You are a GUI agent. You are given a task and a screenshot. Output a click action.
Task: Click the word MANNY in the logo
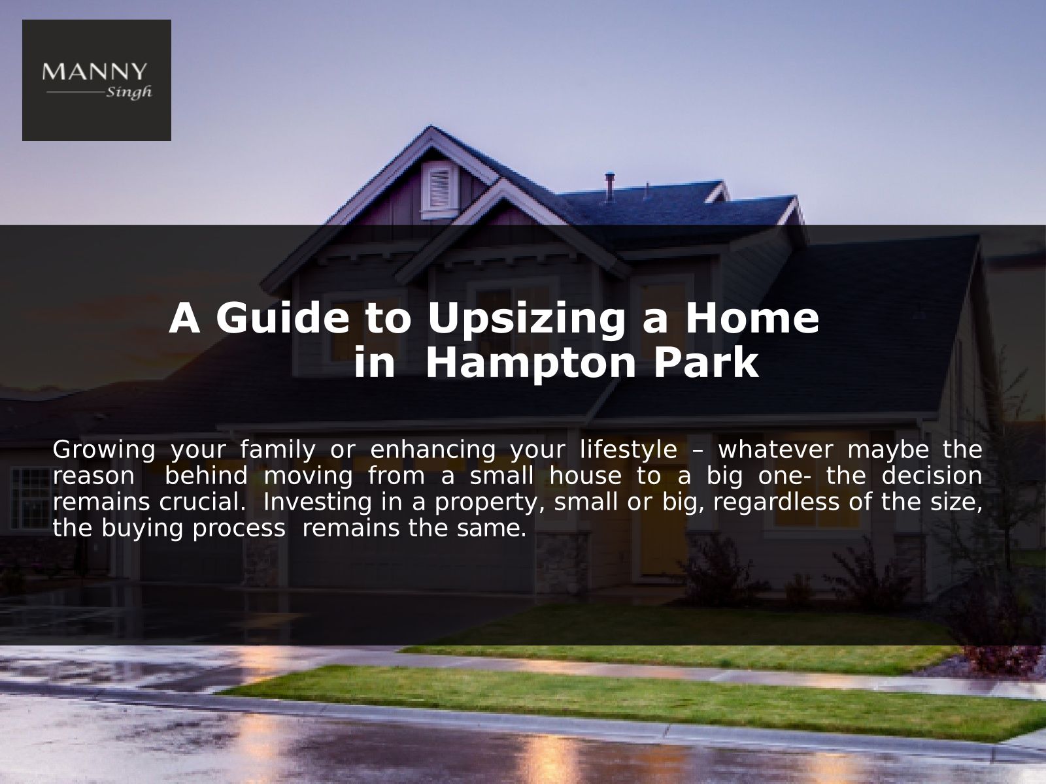point(94,71)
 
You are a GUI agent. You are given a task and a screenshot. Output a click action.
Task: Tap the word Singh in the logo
point(129,92)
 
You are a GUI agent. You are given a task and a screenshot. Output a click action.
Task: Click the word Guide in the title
point(282,318)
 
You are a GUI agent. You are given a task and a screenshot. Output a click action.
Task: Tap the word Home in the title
point(752,318)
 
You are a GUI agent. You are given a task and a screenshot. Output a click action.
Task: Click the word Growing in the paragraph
point(104,450)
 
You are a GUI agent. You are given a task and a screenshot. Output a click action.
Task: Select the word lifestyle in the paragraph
point(628,450)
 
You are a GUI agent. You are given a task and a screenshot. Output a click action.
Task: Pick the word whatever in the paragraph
point(775,450)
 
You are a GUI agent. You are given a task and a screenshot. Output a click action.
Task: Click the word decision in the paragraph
point(932,476)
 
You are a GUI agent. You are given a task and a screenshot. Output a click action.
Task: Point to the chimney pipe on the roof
point(609,188)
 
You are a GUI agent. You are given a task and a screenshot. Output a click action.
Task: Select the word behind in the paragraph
point(207,476)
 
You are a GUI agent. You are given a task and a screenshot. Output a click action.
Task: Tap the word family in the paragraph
point(277,450)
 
